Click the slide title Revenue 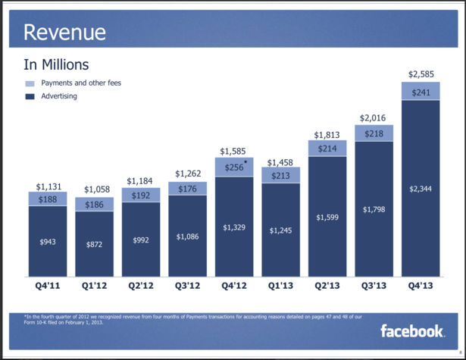click(64, 33)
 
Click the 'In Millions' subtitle click(57, 65)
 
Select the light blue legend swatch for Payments click(30, 83)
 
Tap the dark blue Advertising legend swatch click(30, 96)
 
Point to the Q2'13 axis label click(327, 286)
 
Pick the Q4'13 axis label click(421, 286)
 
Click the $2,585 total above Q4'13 click(421, 74)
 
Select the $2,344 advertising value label click(421, 189)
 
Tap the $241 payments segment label click(421, 92)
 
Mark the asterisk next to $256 click(246, 163)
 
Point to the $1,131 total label click(48, 186)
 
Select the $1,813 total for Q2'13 click(327, 135)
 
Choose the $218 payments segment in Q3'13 click(374, 133)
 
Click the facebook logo click(411, 330)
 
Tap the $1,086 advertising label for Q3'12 click(188, 236)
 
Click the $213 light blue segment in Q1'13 click(280, 176)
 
